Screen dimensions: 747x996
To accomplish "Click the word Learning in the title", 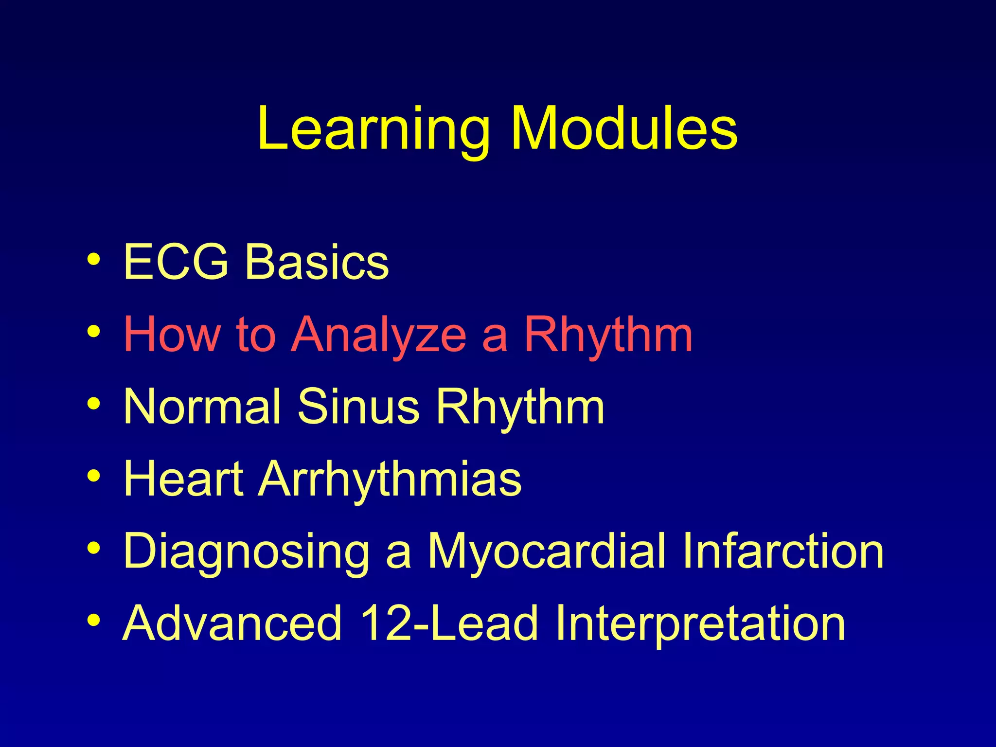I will click(x=373, y=129).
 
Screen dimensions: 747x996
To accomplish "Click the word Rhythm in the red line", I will click(x=608, y=335).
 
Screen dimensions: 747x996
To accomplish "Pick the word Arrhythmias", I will click(x=390, y=479).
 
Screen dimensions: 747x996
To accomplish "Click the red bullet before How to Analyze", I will click(x=94, y=332).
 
